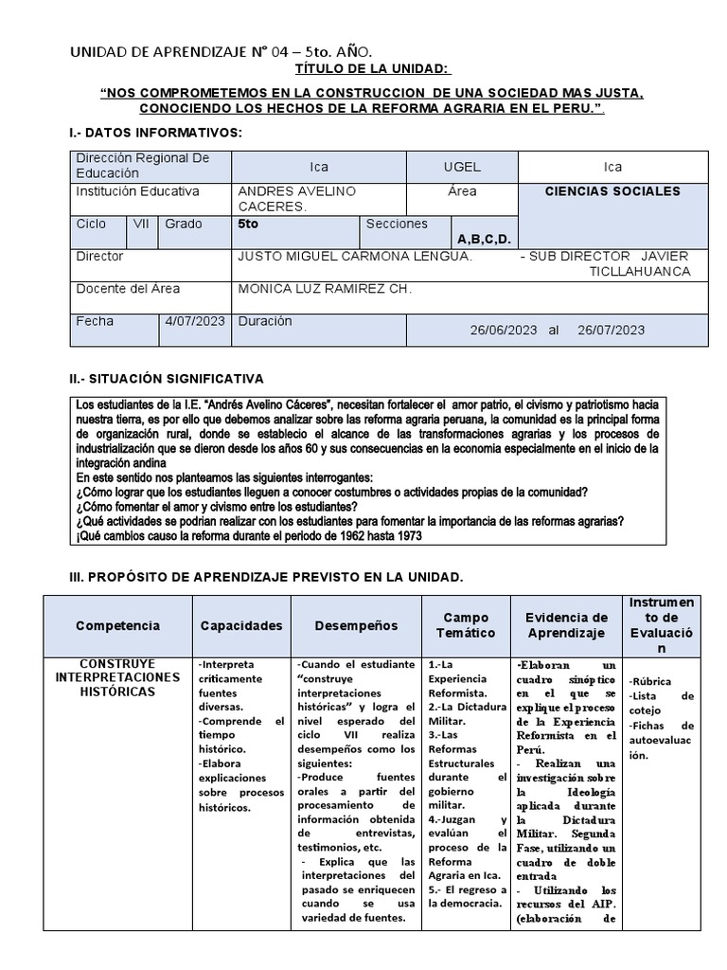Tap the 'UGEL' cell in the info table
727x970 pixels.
462,167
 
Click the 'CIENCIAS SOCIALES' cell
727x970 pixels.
612,191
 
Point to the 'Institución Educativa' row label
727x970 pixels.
137,191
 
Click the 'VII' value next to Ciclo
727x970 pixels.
141,225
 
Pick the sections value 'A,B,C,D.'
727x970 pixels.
484,239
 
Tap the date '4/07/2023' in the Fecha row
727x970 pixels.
194,322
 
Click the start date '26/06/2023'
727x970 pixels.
503,330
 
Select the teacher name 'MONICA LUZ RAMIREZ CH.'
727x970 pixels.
324,289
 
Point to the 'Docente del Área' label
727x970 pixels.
128,289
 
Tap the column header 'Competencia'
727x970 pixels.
117,626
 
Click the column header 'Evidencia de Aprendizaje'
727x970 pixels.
566,625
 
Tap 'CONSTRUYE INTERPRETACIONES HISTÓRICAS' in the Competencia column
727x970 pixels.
117,677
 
